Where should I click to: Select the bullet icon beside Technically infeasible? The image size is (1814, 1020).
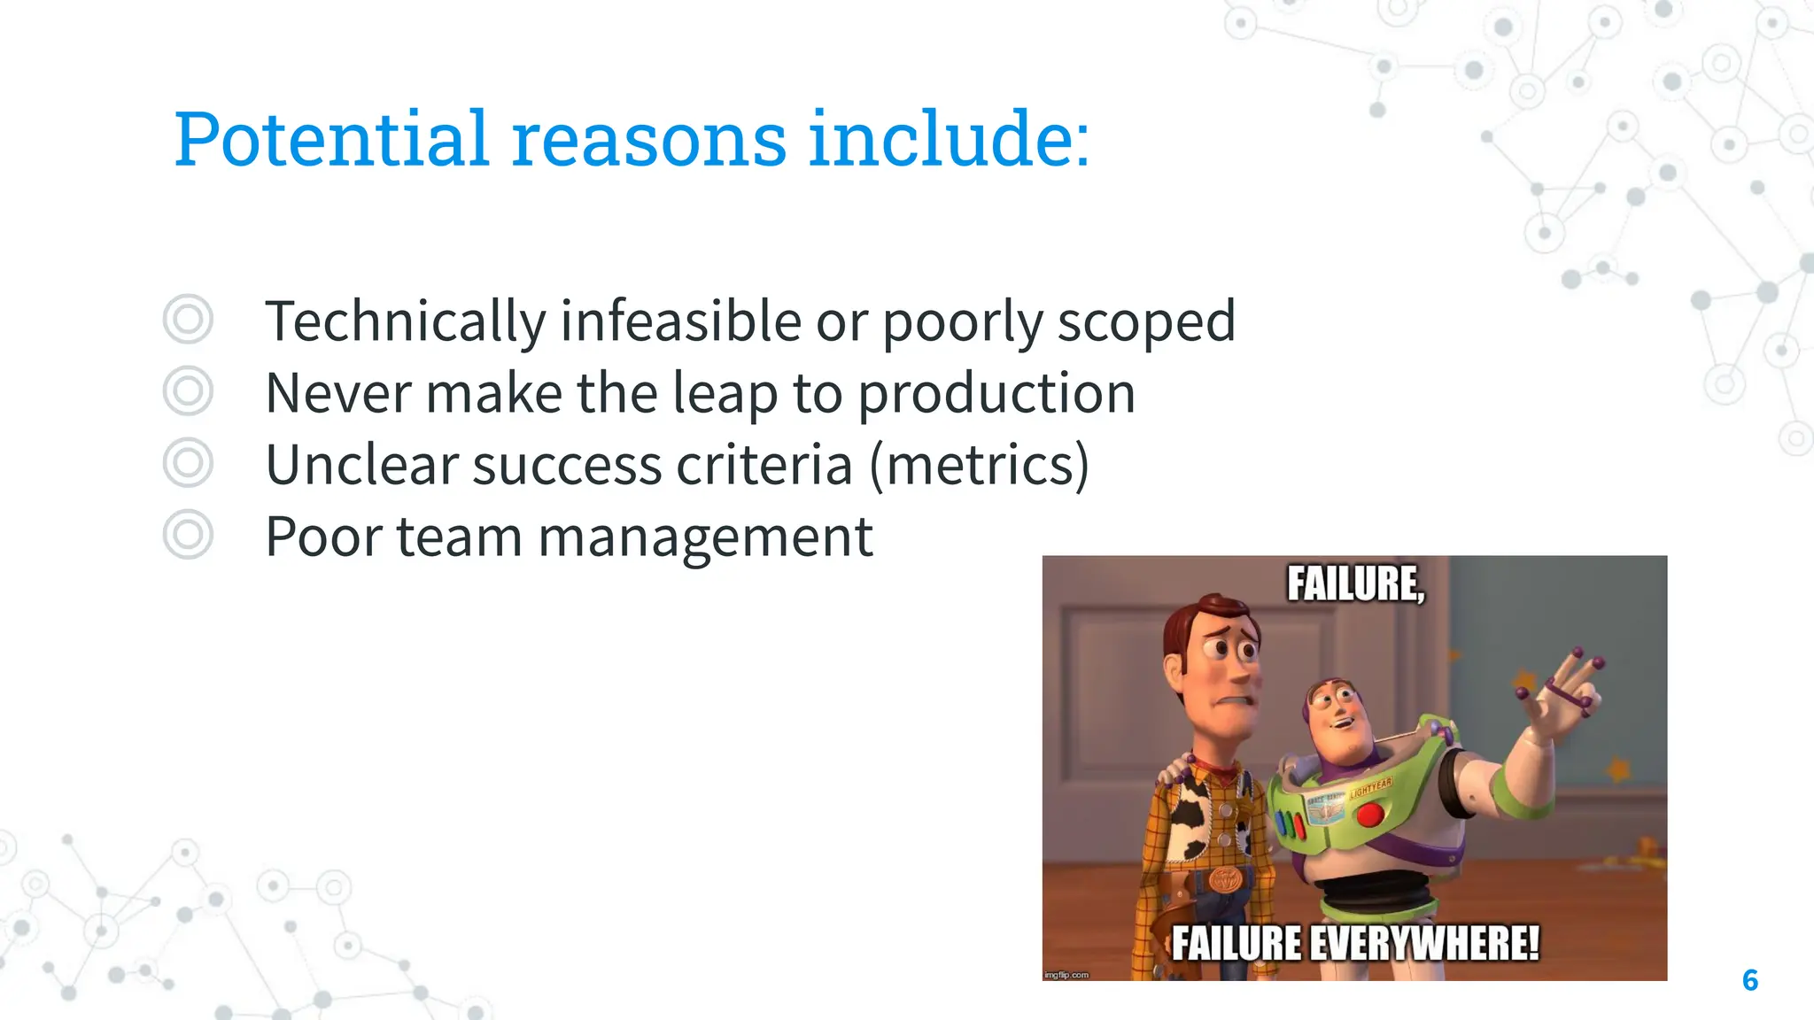coord(188,320)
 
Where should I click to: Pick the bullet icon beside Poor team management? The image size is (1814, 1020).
coord(188,535)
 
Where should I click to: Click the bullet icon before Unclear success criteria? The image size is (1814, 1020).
coord(188,463)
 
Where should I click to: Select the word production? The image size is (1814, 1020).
coord(996,394)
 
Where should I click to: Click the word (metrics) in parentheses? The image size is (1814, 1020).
coord(979,466)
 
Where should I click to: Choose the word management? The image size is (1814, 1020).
coord(705,538)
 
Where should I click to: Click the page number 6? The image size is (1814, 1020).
coord(1749,980)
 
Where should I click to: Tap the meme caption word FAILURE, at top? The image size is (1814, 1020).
coord(1355,584)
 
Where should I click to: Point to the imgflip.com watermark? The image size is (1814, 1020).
coord(1066,975)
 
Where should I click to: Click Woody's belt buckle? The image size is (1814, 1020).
coord(1226,879)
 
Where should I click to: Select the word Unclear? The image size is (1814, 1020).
coord(360,466)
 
